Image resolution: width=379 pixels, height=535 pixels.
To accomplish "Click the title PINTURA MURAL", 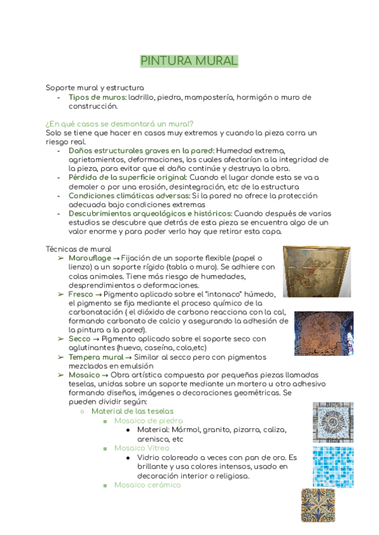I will pos(189,61).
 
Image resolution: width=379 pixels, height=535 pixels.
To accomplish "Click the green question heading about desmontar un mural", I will pos(119,124).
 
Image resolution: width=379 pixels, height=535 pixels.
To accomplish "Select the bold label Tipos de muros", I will pos(97,98).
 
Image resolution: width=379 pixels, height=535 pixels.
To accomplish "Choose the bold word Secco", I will pos(80,339).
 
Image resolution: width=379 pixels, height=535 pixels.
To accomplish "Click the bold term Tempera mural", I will pos(95,357).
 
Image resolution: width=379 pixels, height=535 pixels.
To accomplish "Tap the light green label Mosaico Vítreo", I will pos(141,447).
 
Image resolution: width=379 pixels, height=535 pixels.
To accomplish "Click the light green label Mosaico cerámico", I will pos(147,485).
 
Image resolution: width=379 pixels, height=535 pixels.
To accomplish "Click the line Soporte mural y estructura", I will pos(95,88).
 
